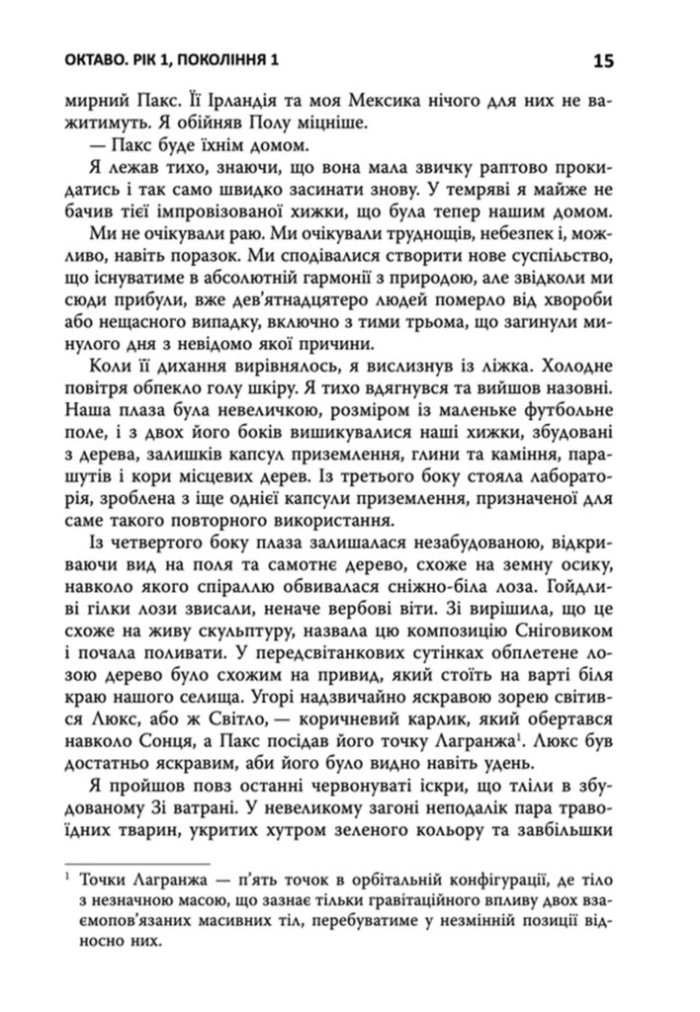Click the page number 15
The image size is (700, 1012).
(x=604, y=61)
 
